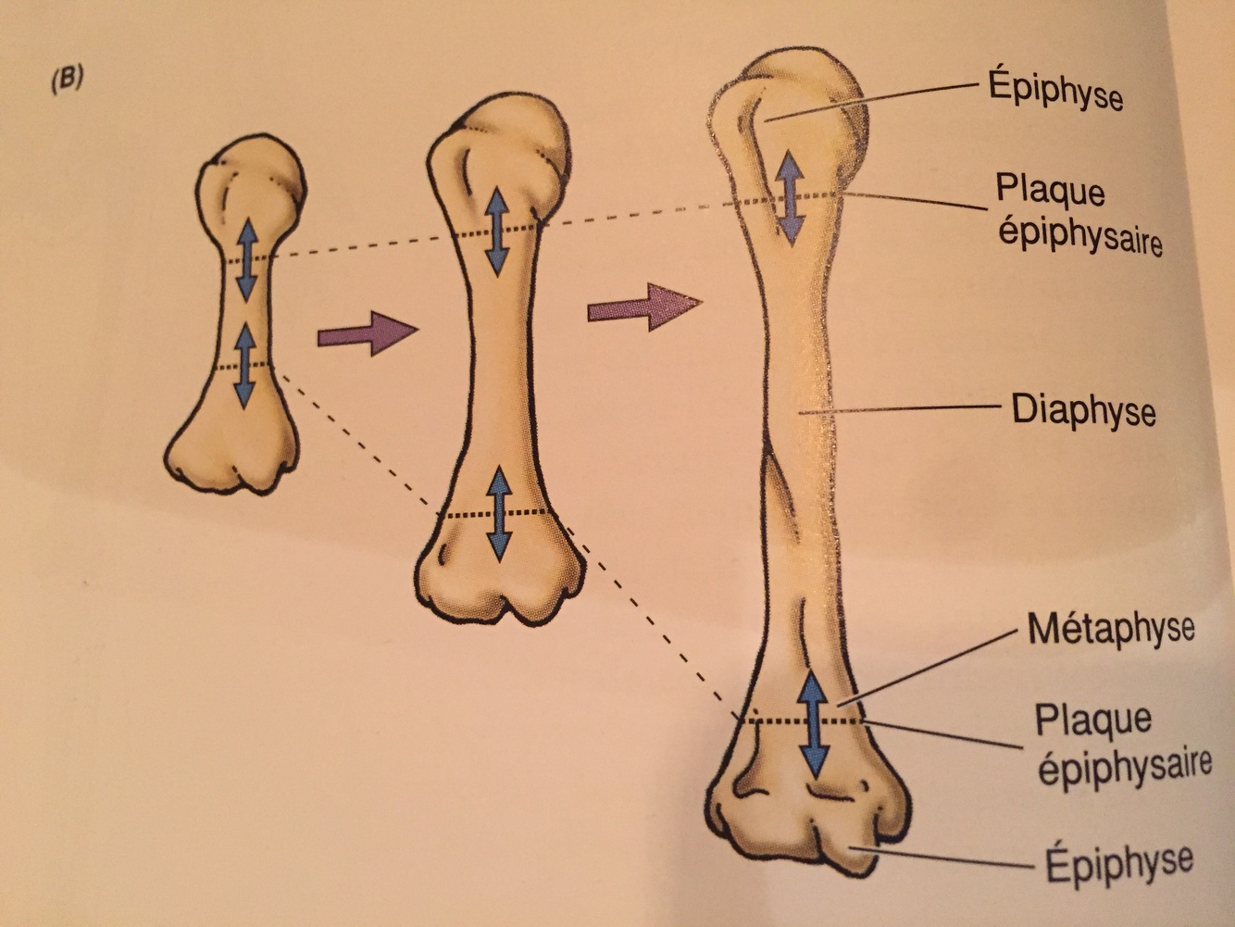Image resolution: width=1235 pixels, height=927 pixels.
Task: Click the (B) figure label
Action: tap(67, 80)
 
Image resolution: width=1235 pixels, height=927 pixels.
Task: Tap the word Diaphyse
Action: tap(1083, 409)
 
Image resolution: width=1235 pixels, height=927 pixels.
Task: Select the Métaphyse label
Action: tap(1110, 630)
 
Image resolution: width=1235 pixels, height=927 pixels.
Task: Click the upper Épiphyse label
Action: tap(1055, 92)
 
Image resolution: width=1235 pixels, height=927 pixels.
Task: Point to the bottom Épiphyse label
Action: tap(1118, 863)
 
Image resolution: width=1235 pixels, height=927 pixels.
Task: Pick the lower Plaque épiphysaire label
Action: tap(1123, 743)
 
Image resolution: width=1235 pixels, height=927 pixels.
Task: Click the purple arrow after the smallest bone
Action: tap(367, 333)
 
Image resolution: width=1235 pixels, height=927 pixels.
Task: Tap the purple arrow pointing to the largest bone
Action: tap(643, 307)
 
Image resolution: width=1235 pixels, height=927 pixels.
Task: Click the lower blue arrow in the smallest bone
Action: tap(244, 364)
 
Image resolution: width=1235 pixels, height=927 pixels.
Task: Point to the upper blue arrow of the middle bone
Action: tap(497, 231)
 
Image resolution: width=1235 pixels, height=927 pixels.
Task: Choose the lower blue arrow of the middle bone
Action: tap(500, 513)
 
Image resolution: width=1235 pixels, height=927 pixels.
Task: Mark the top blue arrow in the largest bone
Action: tap(790, 198)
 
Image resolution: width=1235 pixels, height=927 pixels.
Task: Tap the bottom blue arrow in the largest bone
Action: tap(813, 725)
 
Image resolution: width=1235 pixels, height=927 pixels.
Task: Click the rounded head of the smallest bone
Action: tap(252, 176)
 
